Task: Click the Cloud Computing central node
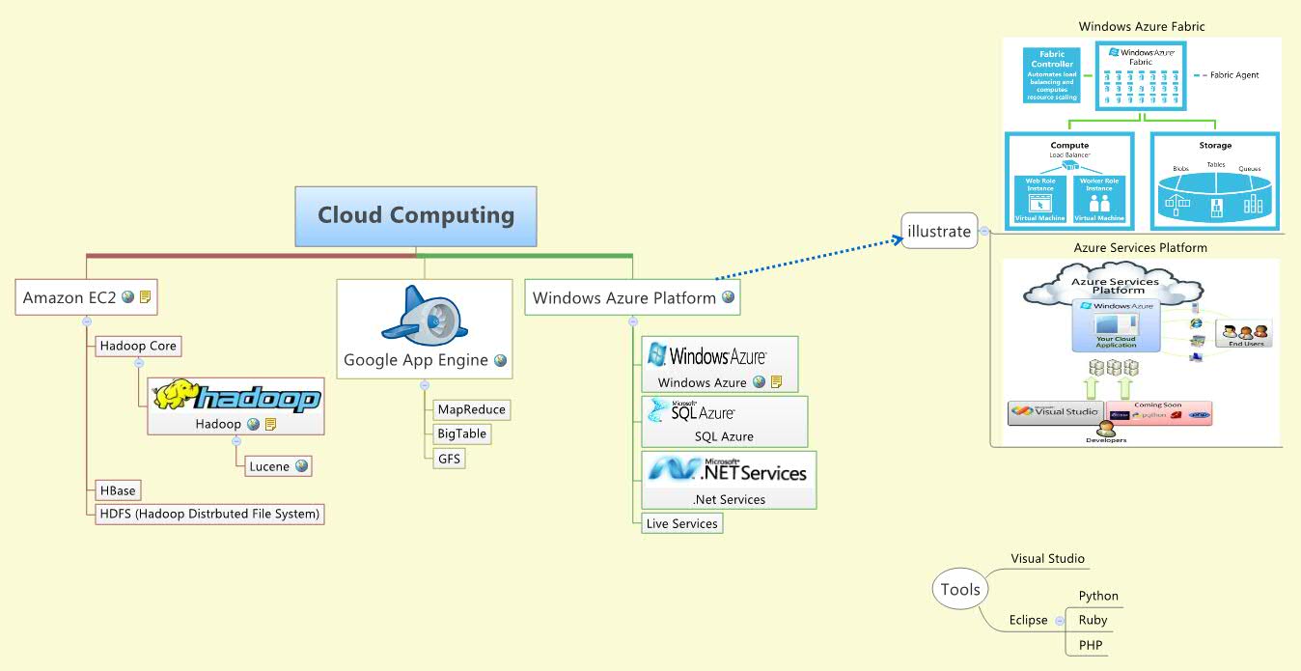pos(416,215)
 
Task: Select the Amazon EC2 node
pos(69,297)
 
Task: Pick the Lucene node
pos(269,466)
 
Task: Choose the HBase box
pos(118,491)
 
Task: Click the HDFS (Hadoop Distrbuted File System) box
pos(208,514)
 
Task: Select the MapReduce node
pos(471,409)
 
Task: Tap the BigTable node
pos(462,434)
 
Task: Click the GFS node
pos(450,459)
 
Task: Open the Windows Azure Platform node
pos(624,298)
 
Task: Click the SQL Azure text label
pos(724,436)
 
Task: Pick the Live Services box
pos(682,523)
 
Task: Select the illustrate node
pos(938,231)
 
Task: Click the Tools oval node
pos(960,589)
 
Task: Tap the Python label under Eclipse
pos(1098,596)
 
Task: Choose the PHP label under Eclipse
pos(1091,645)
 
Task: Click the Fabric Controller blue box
pos(1052,75)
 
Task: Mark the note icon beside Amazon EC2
pos(145,297)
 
